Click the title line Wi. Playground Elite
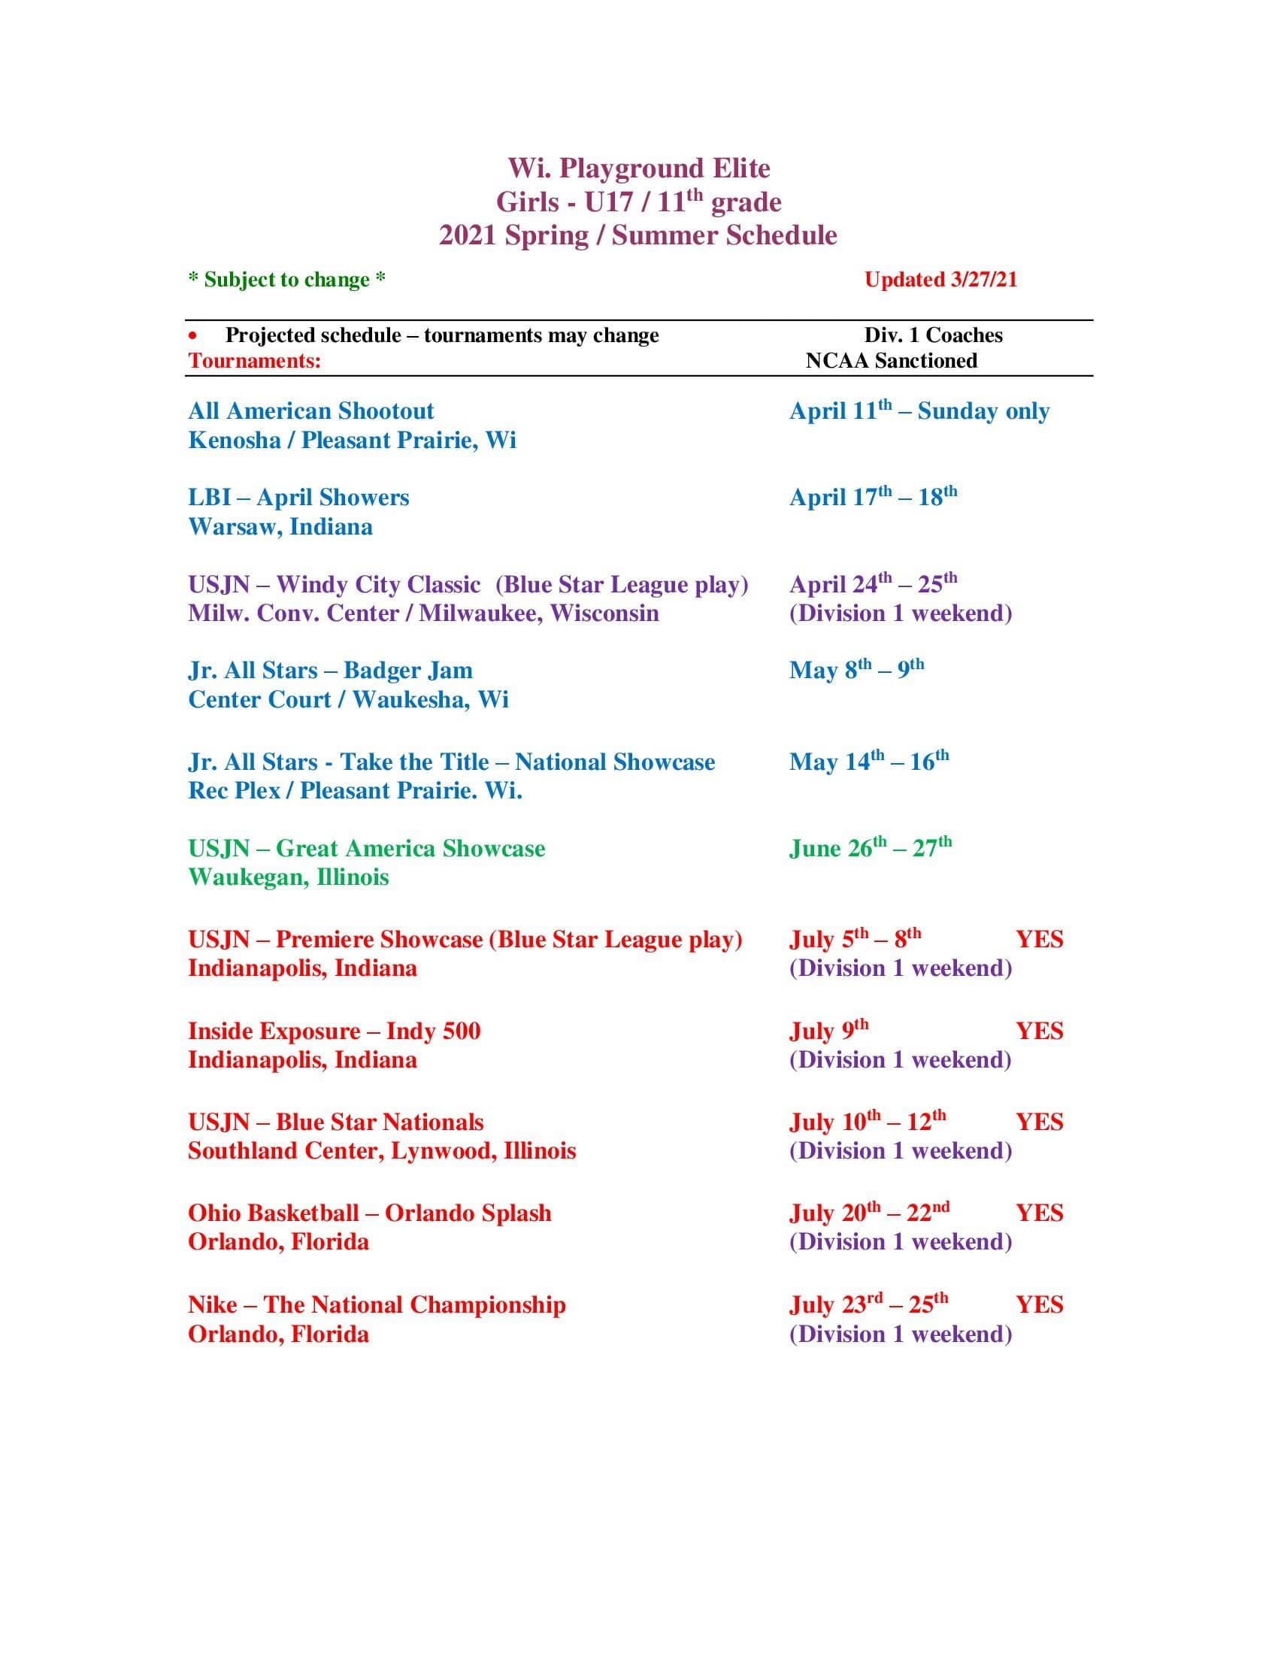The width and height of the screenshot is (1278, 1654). coord(638,168)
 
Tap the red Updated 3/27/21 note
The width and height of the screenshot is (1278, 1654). coord(940,280)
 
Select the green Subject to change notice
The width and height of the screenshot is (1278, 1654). coord(287,280)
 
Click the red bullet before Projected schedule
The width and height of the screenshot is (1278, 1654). coord(194,335)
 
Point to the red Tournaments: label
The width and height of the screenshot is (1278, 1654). coord(254,360)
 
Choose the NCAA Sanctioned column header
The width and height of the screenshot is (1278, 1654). coord(891,360)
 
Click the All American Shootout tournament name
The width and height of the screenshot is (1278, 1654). coord(310,411)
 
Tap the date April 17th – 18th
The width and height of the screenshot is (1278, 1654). coord(873,497)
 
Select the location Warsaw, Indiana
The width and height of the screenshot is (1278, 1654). coord(280,526)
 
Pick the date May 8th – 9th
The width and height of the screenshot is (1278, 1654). coord(856,669)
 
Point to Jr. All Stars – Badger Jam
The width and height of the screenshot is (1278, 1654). coord(330,670)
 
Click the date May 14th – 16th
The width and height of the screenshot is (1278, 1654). coord(868,761)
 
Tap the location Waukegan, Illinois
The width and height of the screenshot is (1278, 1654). coord(289,877)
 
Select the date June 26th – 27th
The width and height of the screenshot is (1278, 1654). coord(870,847)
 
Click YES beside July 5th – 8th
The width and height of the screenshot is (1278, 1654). coord(1039,939)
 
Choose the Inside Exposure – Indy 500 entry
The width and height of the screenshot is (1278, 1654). coord(334,1031)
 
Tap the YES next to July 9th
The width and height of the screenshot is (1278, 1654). coord(1039,1031)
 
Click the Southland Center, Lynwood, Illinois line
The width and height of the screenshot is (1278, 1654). coord(382,1150)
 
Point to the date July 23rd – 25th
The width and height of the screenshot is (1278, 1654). coord(868,1304)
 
